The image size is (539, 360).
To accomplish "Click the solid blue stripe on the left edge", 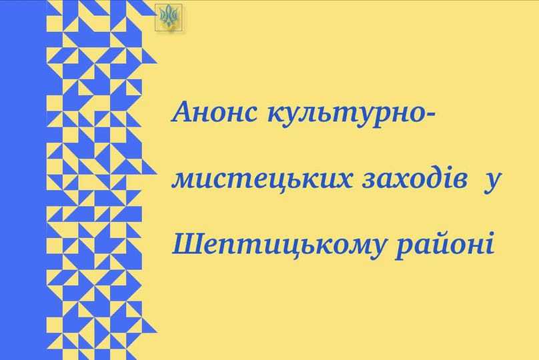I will [x=22, y=180].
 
